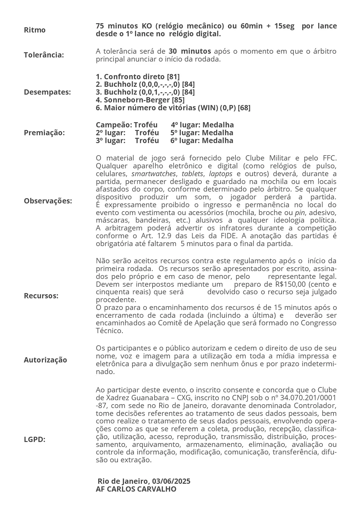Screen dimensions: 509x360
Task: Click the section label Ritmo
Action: (35, 30)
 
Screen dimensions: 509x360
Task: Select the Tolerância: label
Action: (44, 55)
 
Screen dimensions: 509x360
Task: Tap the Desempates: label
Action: (47, 92)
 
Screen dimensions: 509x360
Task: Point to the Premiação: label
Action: (44, 133)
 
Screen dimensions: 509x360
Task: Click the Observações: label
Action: (48, 201)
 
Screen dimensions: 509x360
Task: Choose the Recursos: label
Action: (41, 296)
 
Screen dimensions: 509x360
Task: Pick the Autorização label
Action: (45, 360)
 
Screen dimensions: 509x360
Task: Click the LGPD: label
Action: (35, 439)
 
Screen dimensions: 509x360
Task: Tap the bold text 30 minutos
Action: (190, 51)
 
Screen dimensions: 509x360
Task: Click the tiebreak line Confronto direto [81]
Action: (138, 77)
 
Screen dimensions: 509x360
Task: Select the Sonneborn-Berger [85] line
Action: (140, 100)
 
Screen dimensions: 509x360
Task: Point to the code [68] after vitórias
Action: (244, 108)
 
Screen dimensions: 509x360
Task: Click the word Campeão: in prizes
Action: (114, 125)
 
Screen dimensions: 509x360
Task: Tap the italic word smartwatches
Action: (154, 174)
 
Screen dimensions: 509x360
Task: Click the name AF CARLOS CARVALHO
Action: (136, 489)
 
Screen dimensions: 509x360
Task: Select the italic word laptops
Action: (221, 174)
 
